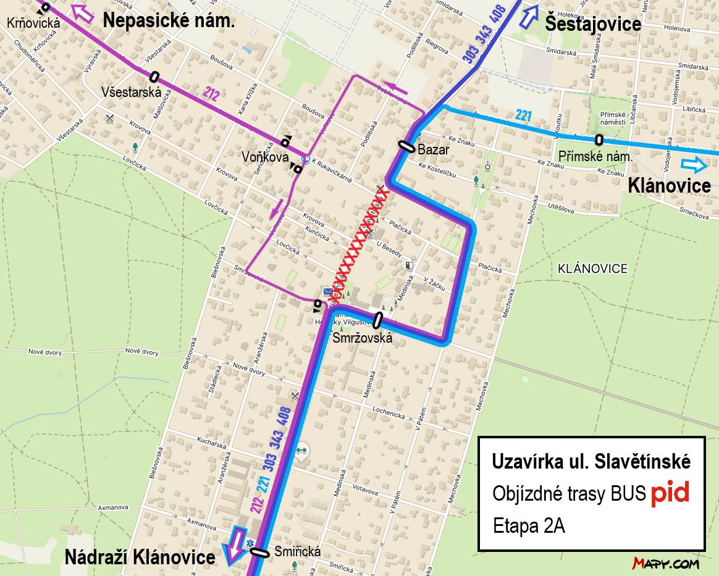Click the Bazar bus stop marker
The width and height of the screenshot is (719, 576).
406,146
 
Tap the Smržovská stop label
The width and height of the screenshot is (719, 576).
362,338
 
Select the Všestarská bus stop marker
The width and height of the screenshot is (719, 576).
154,77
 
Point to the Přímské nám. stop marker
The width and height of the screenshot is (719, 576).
599,140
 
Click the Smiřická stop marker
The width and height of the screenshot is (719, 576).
259,553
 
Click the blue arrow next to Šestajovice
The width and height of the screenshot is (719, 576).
529,15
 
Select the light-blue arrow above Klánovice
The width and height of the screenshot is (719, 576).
694,164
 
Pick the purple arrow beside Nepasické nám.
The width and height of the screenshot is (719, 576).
83,12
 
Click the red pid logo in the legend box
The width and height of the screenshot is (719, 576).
669,493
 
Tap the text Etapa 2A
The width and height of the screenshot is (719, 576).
529,526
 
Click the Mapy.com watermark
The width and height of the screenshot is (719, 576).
665,563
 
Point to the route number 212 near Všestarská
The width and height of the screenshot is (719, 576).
211,94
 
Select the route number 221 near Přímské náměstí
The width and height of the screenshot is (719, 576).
523,115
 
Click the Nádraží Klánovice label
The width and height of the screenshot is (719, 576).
140,557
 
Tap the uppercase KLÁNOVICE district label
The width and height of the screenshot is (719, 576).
592,269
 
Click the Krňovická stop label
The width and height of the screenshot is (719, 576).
34,23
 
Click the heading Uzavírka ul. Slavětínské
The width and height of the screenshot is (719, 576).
591,462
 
